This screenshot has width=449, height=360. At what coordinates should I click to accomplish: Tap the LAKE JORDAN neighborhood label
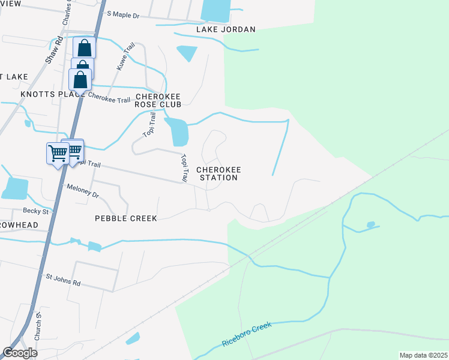pyautogui.click(x=226, y=29)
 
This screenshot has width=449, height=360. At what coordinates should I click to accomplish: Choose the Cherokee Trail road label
pyautogui.click(x=109, y=98)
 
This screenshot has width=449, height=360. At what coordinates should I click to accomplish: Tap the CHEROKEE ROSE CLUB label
pyautogui.click(x=158, y=100)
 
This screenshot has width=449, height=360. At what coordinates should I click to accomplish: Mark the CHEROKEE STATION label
pyautogui.click(x=218, y=173)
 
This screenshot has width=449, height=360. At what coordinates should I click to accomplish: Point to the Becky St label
pyautogui.click(x=37, y=211)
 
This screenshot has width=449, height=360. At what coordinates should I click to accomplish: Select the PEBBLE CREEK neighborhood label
pyautogui.click(x=126, y=218)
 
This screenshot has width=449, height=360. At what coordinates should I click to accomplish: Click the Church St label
pyautogui.click(x=38, y=326)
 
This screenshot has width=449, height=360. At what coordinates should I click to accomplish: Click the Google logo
pyautogui.click(x=20, y=353)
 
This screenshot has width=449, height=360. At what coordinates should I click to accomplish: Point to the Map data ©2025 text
pyautogui.click(x=423, y=355)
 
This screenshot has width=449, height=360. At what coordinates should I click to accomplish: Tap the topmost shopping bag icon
pyautogui.click(x=84, y=47)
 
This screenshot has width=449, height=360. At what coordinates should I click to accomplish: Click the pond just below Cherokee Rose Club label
pyautogui.click(x=178, y=131)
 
